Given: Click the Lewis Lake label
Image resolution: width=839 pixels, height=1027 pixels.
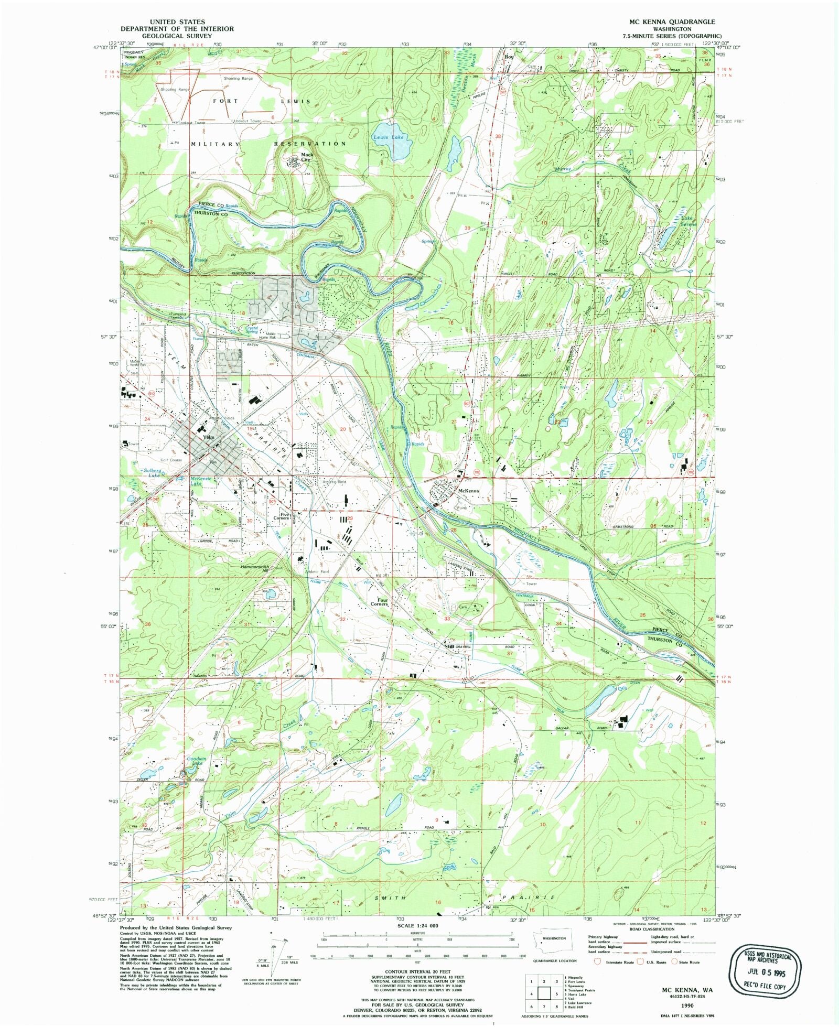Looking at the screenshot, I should pos(388,137).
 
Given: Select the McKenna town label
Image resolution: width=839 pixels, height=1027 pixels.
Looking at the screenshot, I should pos(468,491).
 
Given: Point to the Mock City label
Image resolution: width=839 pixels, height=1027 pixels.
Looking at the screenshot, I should pos(307,157).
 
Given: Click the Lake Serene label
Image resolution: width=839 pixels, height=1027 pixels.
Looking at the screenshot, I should pos(689,221).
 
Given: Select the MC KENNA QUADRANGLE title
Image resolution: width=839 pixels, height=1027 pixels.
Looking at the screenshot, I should pos(672,21).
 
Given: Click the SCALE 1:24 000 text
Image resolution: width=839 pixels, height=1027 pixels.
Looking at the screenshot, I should pos(417,926).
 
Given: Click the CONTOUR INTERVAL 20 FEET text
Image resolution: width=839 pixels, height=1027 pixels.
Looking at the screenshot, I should pos(417,971).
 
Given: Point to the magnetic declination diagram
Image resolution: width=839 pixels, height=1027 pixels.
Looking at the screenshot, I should pos(274,952).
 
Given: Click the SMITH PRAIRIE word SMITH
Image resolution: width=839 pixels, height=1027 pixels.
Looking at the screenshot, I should pos(391,898).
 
